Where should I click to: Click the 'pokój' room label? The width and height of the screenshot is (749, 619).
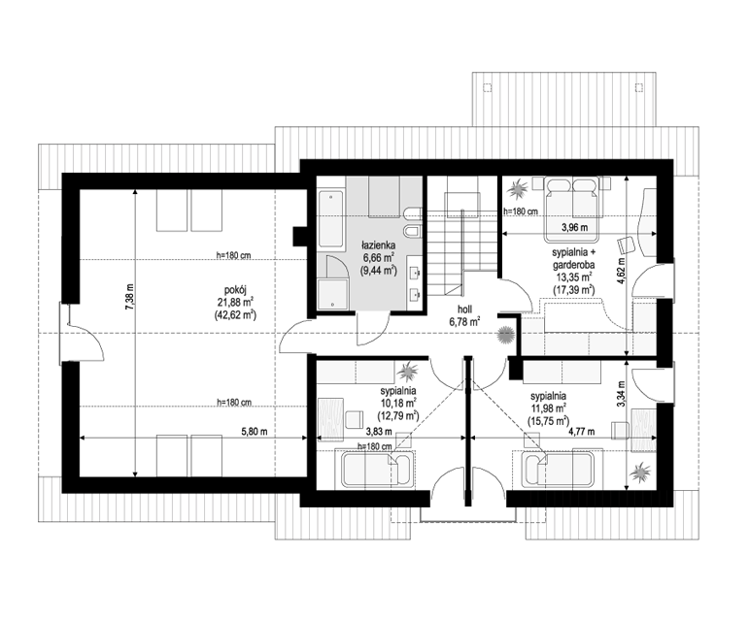point(234,289)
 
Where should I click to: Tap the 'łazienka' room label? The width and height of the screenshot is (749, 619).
point(378,245)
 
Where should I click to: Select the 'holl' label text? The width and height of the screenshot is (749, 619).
point(464,310)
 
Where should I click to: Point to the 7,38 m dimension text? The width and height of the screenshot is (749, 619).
point(129,298)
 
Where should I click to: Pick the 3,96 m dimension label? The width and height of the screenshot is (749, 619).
point(575,227)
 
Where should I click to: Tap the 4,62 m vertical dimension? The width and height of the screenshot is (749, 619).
point(621,272)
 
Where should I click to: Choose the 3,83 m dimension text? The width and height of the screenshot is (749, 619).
point(379,432)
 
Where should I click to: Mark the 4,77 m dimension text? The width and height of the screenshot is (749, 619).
point(581,432)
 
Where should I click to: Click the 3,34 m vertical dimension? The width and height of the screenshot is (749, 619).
point(621,394)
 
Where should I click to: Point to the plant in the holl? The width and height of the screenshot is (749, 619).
point(505,334)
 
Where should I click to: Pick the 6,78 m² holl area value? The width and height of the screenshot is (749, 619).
point(464,321)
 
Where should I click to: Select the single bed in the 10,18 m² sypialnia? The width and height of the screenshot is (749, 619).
point(378,471)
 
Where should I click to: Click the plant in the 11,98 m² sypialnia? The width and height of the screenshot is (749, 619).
point(640,472)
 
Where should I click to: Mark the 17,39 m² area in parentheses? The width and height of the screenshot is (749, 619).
point(574,289)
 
